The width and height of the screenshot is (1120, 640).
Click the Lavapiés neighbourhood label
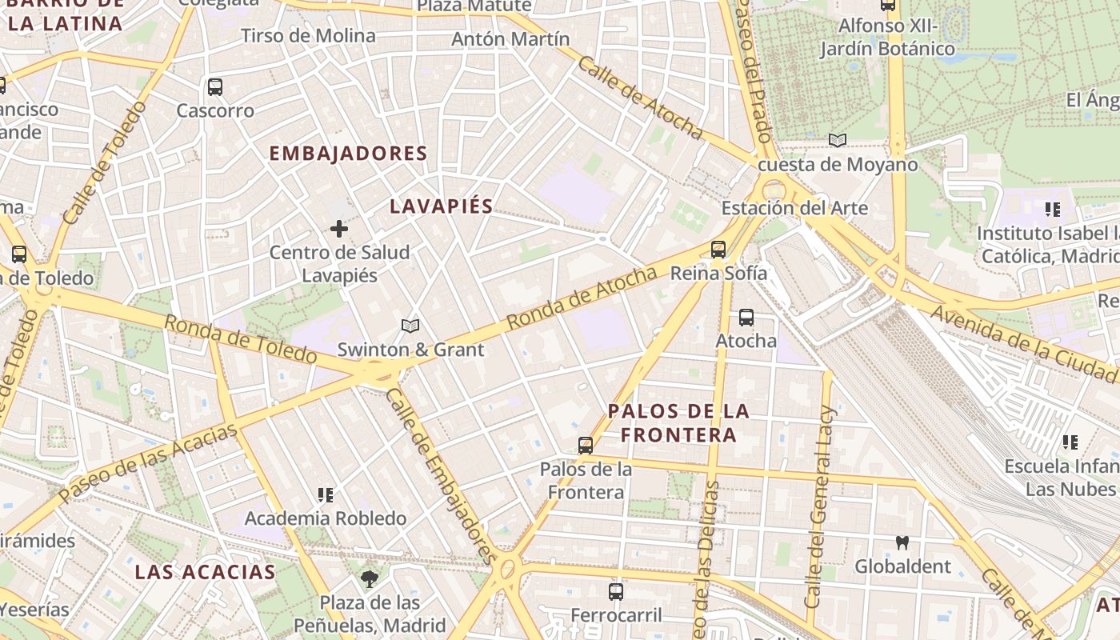(x=442, y=206)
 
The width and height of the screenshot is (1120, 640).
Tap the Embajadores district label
(x=348, y=153)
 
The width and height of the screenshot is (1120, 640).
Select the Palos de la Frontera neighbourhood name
(x=678, y=422)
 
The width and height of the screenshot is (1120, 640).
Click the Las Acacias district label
(x=205, y=571)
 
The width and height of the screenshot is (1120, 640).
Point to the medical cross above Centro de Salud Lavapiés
(x=339, y=230)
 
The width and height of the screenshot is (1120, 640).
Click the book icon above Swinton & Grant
(x=410, y=326)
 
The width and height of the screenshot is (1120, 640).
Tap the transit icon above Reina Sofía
(x=718, y=250)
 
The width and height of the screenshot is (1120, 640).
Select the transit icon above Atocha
(x=746, y=318)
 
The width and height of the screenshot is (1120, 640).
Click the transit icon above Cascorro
(x=214, y=87)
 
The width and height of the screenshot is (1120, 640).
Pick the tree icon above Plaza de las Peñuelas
(x=370, y=578)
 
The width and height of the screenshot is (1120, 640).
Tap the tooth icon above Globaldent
(x=902, y=542)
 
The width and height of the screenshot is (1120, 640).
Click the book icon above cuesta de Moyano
(x=838, y=141)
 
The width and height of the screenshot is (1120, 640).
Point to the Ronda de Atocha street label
(x=582, y=297)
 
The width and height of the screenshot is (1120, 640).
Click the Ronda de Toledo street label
(x=241, y=338)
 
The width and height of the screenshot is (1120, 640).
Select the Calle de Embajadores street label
(x=438, y=475)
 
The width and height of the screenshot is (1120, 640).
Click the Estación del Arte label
(x=794, y=208)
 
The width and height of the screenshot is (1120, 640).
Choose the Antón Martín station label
(x=510, y=38)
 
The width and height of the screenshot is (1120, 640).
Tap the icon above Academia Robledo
(x=325, y=495)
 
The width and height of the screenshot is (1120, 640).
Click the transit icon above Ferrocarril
(x=615, y=592)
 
